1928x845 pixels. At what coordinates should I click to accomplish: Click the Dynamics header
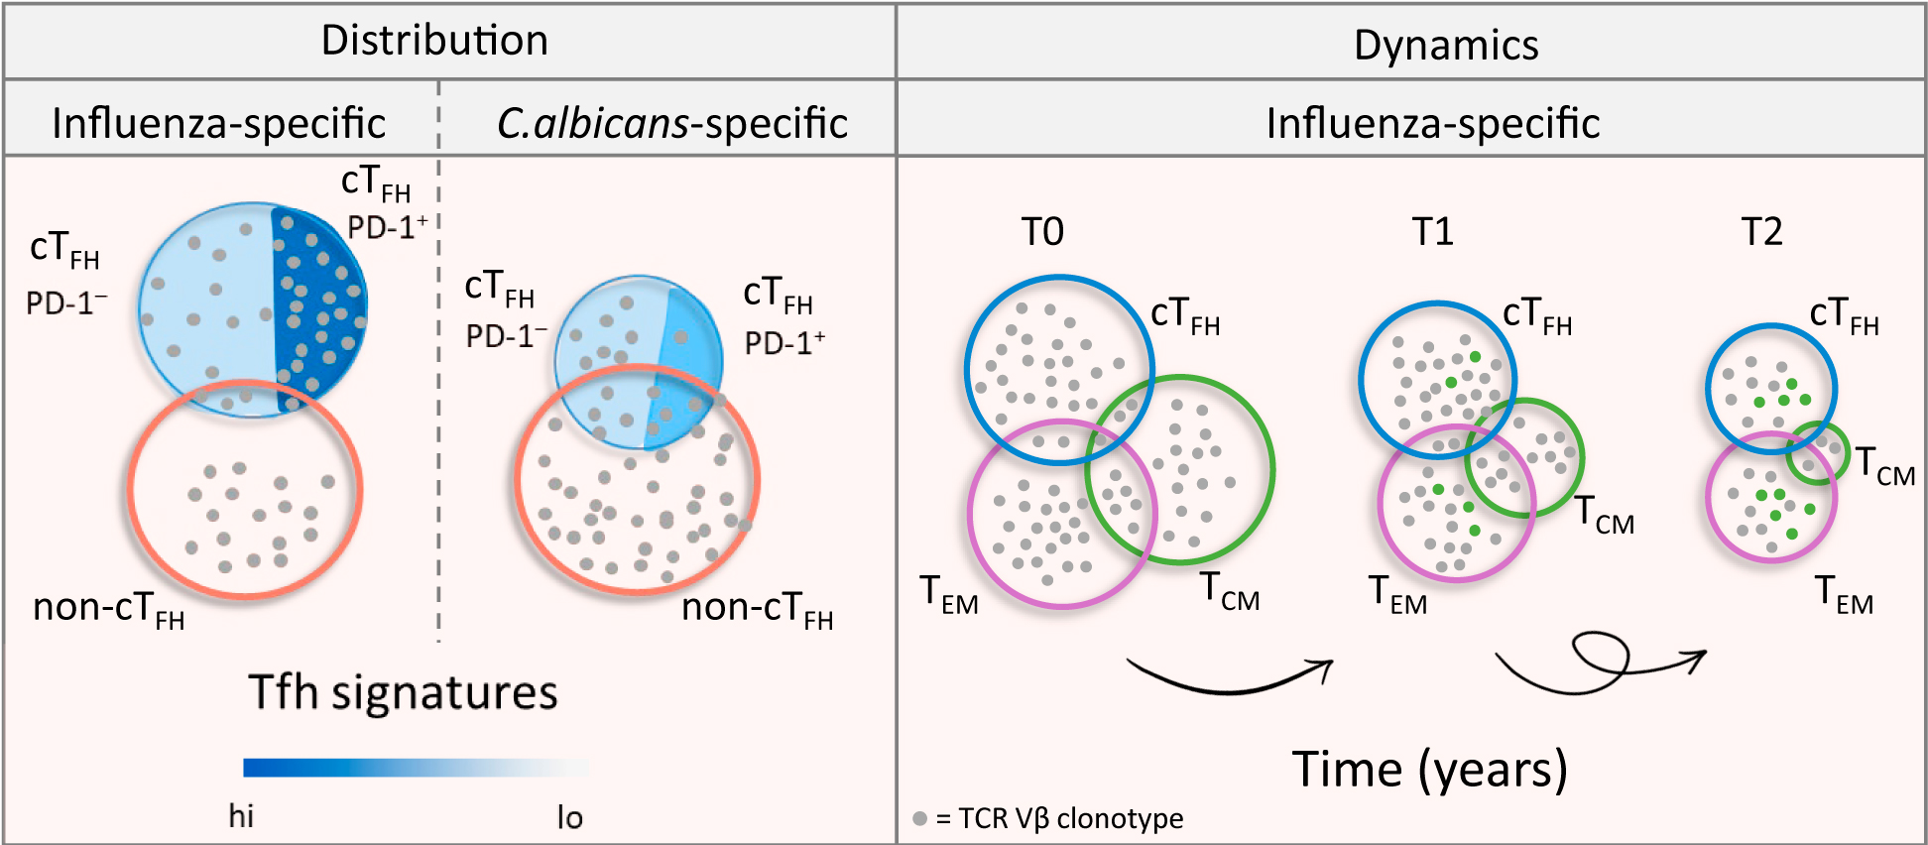pos(1445,46)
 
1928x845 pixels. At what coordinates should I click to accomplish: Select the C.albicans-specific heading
pos(671,124)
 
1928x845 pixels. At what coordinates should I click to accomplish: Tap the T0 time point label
pos(1042,232)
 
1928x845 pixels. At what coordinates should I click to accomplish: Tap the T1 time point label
pos(1432,232)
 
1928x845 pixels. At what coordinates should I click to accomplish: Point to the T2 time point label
pos(1761,232)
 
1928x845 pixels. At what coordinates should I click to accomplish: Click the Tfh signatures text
pos(403,692)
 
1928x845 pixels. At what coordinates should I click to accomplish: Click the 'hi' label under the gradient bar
pos(241,816)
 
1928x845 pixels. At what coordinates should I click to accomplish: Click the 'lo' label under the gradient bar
pos(569,817)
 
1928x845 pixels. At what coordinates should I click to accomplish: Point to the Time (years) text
pos(1429,771)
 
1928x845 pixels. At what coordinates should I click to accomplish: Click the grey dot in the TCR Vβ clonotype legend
pos(919,818)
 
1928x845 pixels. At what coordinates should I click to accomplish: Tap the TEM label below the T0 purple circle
pos(948,595)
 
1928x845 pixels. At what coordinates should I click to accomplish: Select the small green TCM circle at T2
pos(1818,453)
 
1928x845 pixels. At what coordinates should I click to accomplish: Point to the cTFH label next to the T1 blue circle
pos(1537,315)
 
